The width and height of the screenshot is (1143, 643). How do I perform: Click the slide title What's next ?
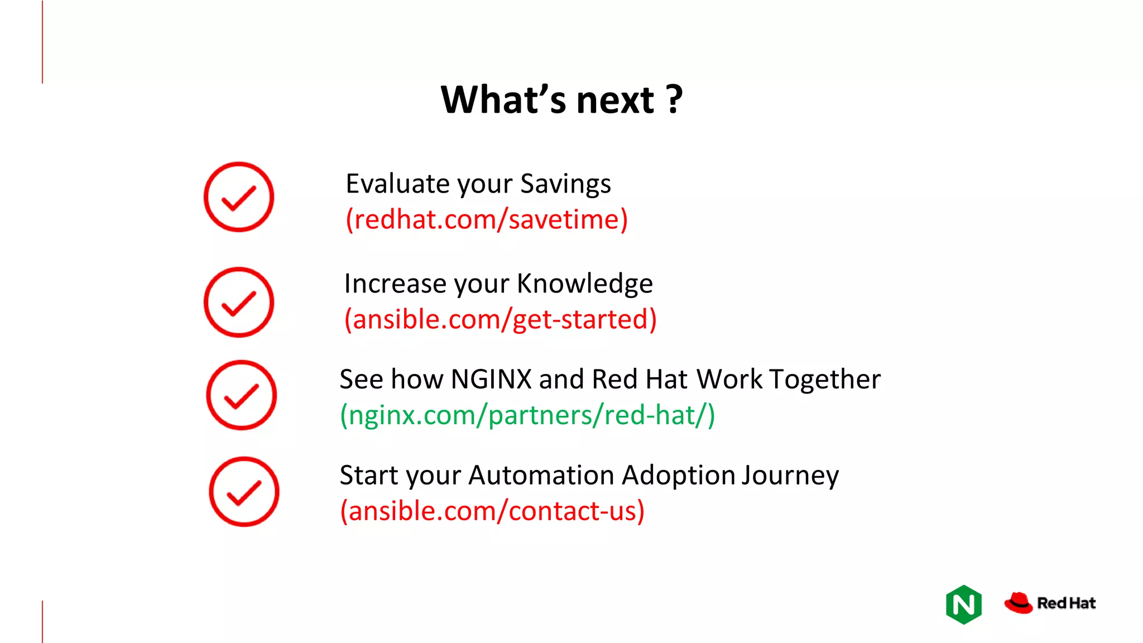point(561,100)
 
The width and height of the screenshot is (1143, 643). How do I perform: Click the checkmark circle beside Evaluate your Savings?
point(239,197)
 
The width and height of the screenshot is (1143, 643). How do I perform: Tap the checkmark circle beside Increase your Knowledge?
point(239,303)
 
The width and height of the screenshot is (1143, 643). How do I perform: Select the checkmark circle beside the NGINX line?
point(241,395)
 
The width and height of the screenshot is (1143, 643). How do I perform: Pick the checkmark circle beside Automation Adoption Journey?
point(244,492)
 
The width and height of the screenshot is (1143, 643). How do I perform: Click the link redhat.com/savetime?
point(487,219)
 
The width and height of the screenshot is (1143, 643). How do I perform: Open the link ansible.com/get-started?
point(500,319)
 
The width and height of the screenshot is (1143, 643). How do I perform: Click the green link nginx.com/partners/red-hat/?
point(527,415)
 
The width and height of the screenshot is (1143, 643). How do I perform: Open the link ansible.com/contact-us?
point(492,511)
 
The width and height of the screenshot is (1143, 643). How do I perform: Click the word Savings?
point(565,184)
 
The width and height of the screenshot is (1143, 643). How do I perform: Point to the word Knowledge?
point(584,284)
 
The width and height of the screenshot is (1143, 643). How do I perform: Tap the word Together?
point(825,380)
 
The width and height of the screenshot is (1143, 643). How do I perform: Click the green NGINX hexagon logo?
point(964,604)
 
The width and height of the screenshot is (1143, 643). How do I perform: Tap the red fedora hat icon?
point(1019,603)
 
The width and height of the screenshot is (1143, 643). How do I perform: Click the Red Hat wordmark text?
point(1066,603)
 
